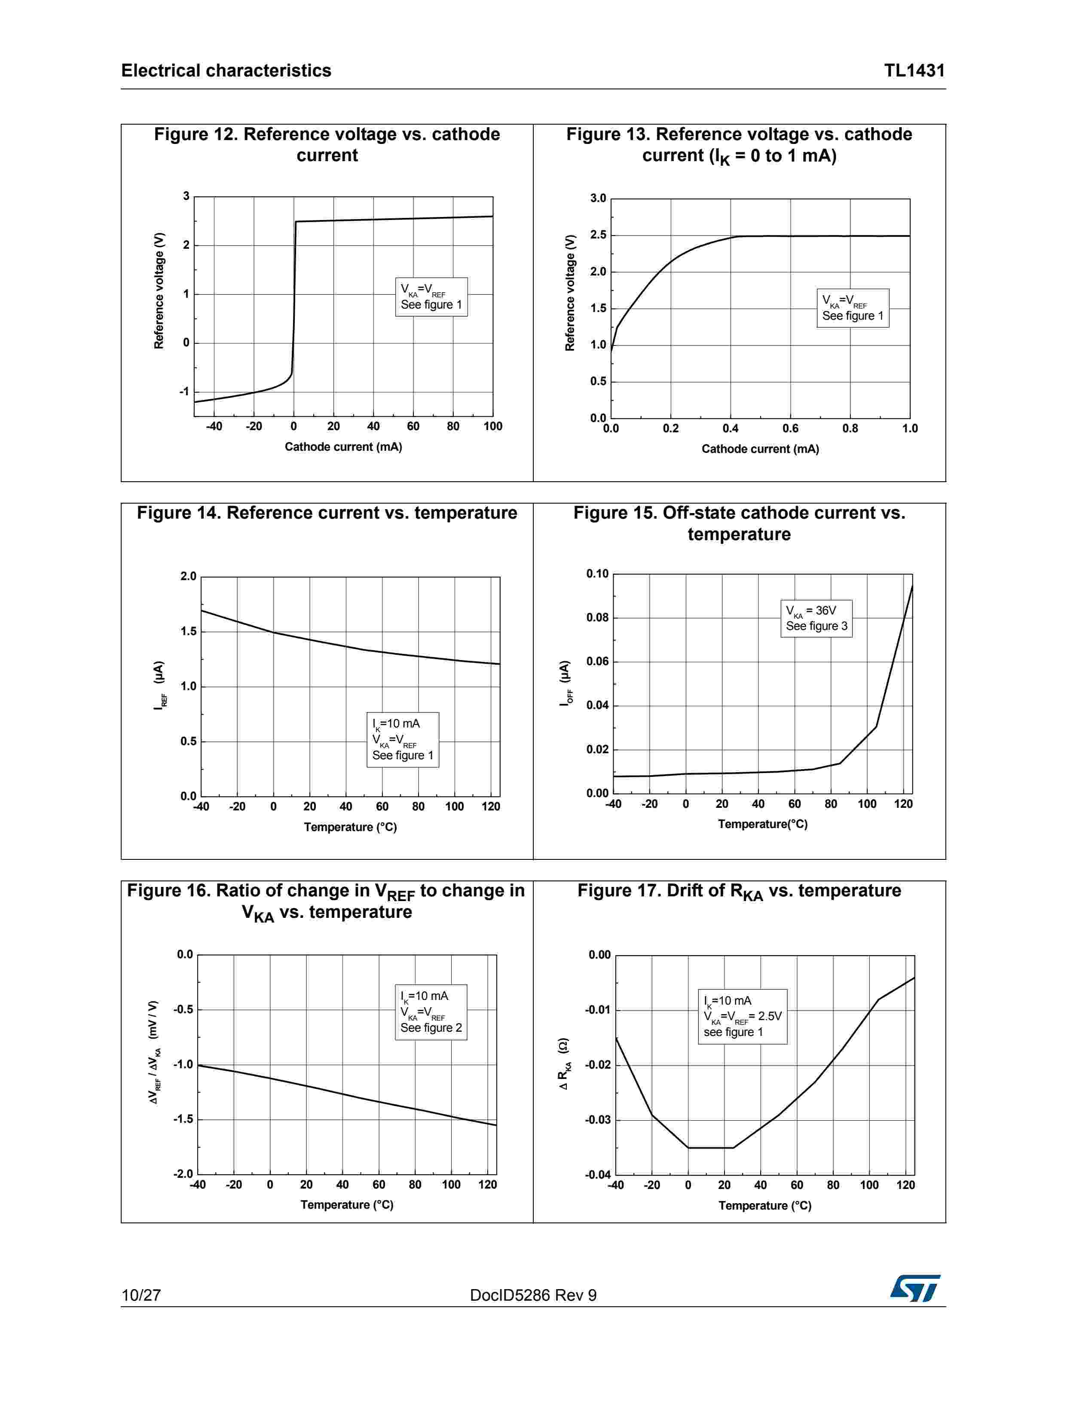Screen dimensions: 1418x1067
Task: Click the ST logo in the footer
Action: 914,1288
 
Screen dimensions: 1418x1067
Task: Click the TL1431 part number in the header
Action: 914,70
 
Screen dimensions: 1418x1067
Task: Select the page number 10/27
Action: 141,1295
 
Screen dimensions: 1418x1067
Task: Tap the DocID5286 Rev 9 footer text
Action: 533,1295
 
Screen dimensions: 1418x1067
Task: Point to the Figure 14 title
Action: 327,513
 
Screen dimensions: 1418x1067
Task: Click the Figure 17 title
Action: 739,891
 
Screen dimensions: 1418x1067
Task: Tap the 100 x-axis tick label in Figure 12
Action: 492,426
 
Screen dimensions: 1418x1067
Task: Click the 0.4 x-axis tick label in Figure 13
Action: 731,428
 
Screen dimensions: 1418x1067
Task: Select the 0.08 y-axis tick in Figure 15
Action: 597,618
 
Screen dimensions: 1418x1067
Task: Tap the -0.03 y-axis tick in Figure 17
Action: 598,1120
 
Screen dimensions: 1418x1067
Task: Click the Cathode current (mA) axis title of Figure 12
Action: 343,447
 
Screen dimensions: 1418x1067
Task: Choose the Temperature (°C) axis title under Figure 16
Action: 347,1204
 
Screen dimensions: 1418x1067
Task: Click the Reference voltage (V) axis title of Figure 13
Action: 569,293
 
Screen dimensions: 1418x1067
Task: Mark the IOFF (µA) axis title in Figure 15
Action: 564,683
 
